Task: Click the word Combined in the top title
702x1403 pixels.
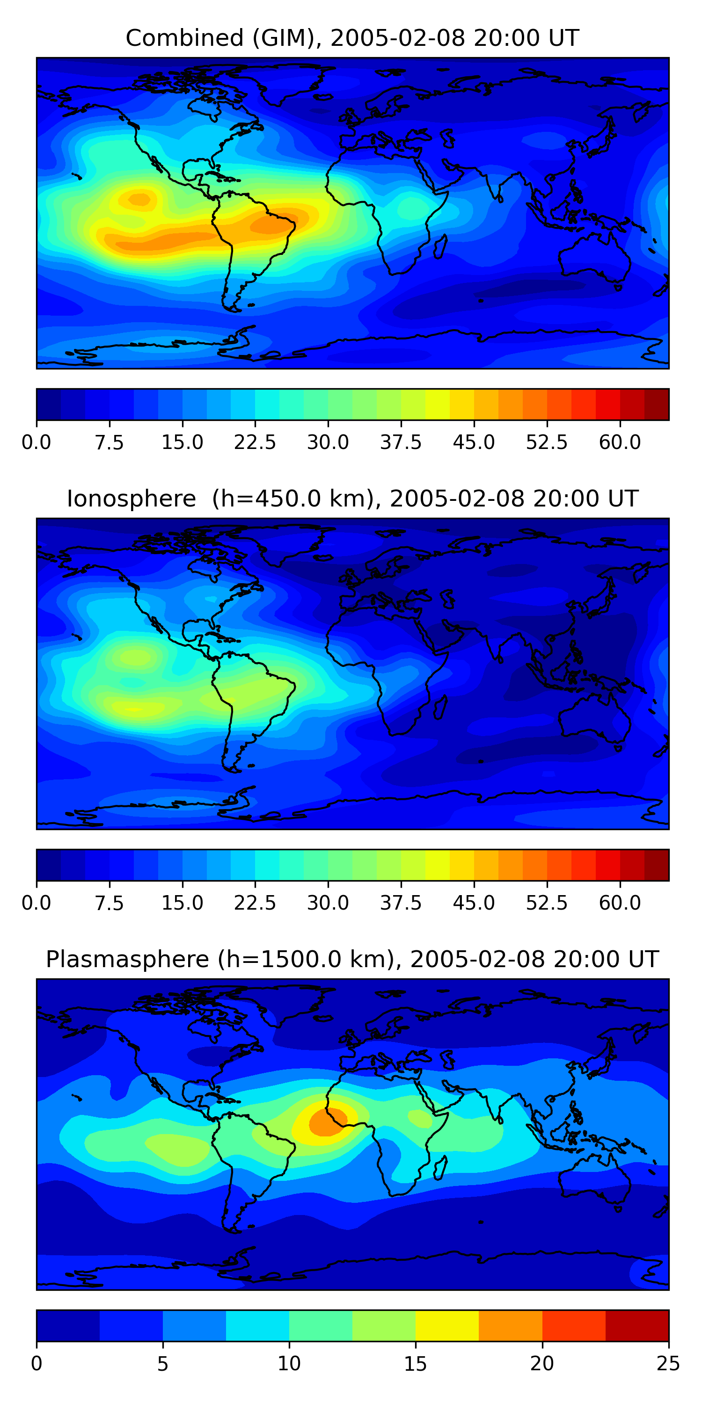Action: click(x=184, y=38)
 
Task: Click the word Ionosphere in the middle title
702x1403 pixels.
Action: click(x=131, y=499)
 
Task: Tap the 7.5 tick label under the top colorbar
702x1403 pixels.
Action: click(x=109, y=442)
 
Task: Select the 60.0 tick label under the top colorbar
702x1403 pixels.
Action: click(x=620, y=442)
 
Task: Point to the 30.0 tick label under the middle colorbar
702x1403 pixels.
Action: click(x=328, y=903)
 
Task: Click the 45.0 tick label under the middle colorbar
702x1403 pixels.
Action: click(x=474, y=903)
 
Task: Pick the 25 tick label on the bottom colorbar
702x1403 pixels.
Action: click(x=668, y=1364)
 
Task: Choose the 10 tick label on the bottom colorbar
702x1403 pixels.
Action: click(x=289, y=1364)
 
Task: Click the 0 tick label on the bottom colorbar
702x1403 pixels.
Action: click(x=37, y=1364)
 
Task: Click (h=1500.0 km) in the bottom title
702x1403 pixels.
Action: click(x=305, y=959)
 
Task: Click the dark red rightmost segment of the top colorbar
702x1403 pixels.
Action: click(x=656, y=404)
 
